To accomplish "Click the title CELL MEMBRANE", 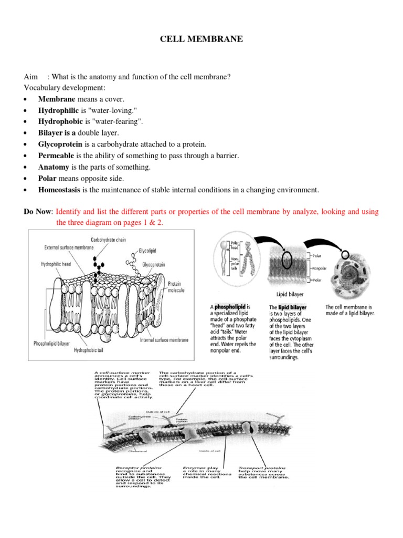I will pyautogui.click(x=201, y=39).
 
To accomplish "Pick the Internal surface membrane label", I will pyautogui.click(x=164, y=340).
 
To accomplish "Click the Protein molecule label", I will pyautogui.click(x=175, y=286).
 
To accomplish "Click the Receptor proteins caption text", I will pyautogui.click(x=139, y=467).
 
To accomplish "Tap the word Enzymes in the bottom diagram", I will pyautogui.click(x=192, y=467).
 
